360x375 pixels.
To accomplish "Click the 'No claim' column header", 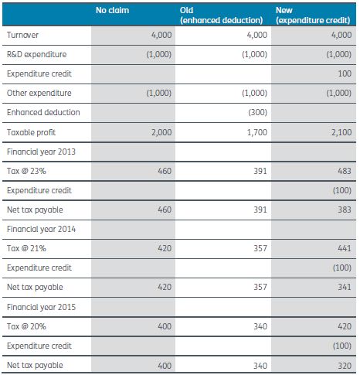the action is click(112, 10).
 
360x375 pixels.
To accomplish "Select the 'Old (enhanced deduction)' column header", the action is click(221, 15).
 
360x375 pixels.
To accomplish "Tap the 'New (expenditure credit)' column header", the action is click(313, 15).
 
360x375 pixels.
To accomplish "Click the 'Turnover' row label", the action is click(22, 35).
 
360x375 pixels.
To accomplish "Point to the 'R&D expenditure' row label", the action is click(36, 54).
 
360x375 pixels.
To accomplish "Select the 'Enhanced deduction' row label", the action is click(43, 112).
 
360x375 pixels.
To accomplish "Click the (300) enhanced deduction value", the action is click(258, 112).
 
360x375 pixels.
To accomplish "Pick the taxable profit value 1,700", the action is click(257, 132).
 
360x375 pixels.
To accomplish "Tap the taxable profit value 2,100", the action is click(341, 132).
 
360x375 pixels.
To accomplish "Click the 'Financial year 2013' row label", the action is click(41, 152).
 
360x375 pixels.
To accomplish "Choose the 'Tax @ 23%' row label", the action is click(26, 171).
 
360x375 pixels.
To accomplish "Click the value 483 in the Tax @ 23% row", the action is click(345, 171).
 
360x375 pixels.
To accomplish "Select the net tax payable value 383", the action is click(345, 210).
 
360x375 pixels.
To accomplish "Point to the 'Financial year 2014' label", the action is click(41, 229).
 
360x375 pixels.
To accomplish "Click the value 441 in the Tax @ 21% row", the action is click(345, 248).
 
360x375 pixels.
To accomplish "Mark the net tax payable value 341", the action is click(345, 287).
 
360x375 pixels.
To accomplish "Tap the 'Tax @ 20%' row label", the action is click(26, 326).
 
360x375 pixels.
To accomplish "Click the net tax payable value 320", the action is click(345, 366).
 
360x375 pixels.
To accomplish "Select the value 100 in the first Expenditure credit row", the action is click(345, 73).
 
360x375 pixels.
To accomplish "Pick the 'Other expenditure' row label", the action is click(39, 93).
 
